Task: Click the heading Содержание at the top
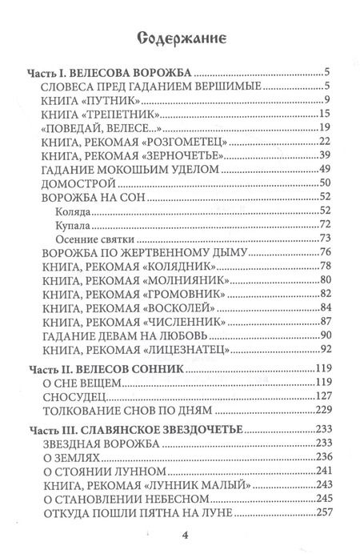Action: point(181,38)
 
